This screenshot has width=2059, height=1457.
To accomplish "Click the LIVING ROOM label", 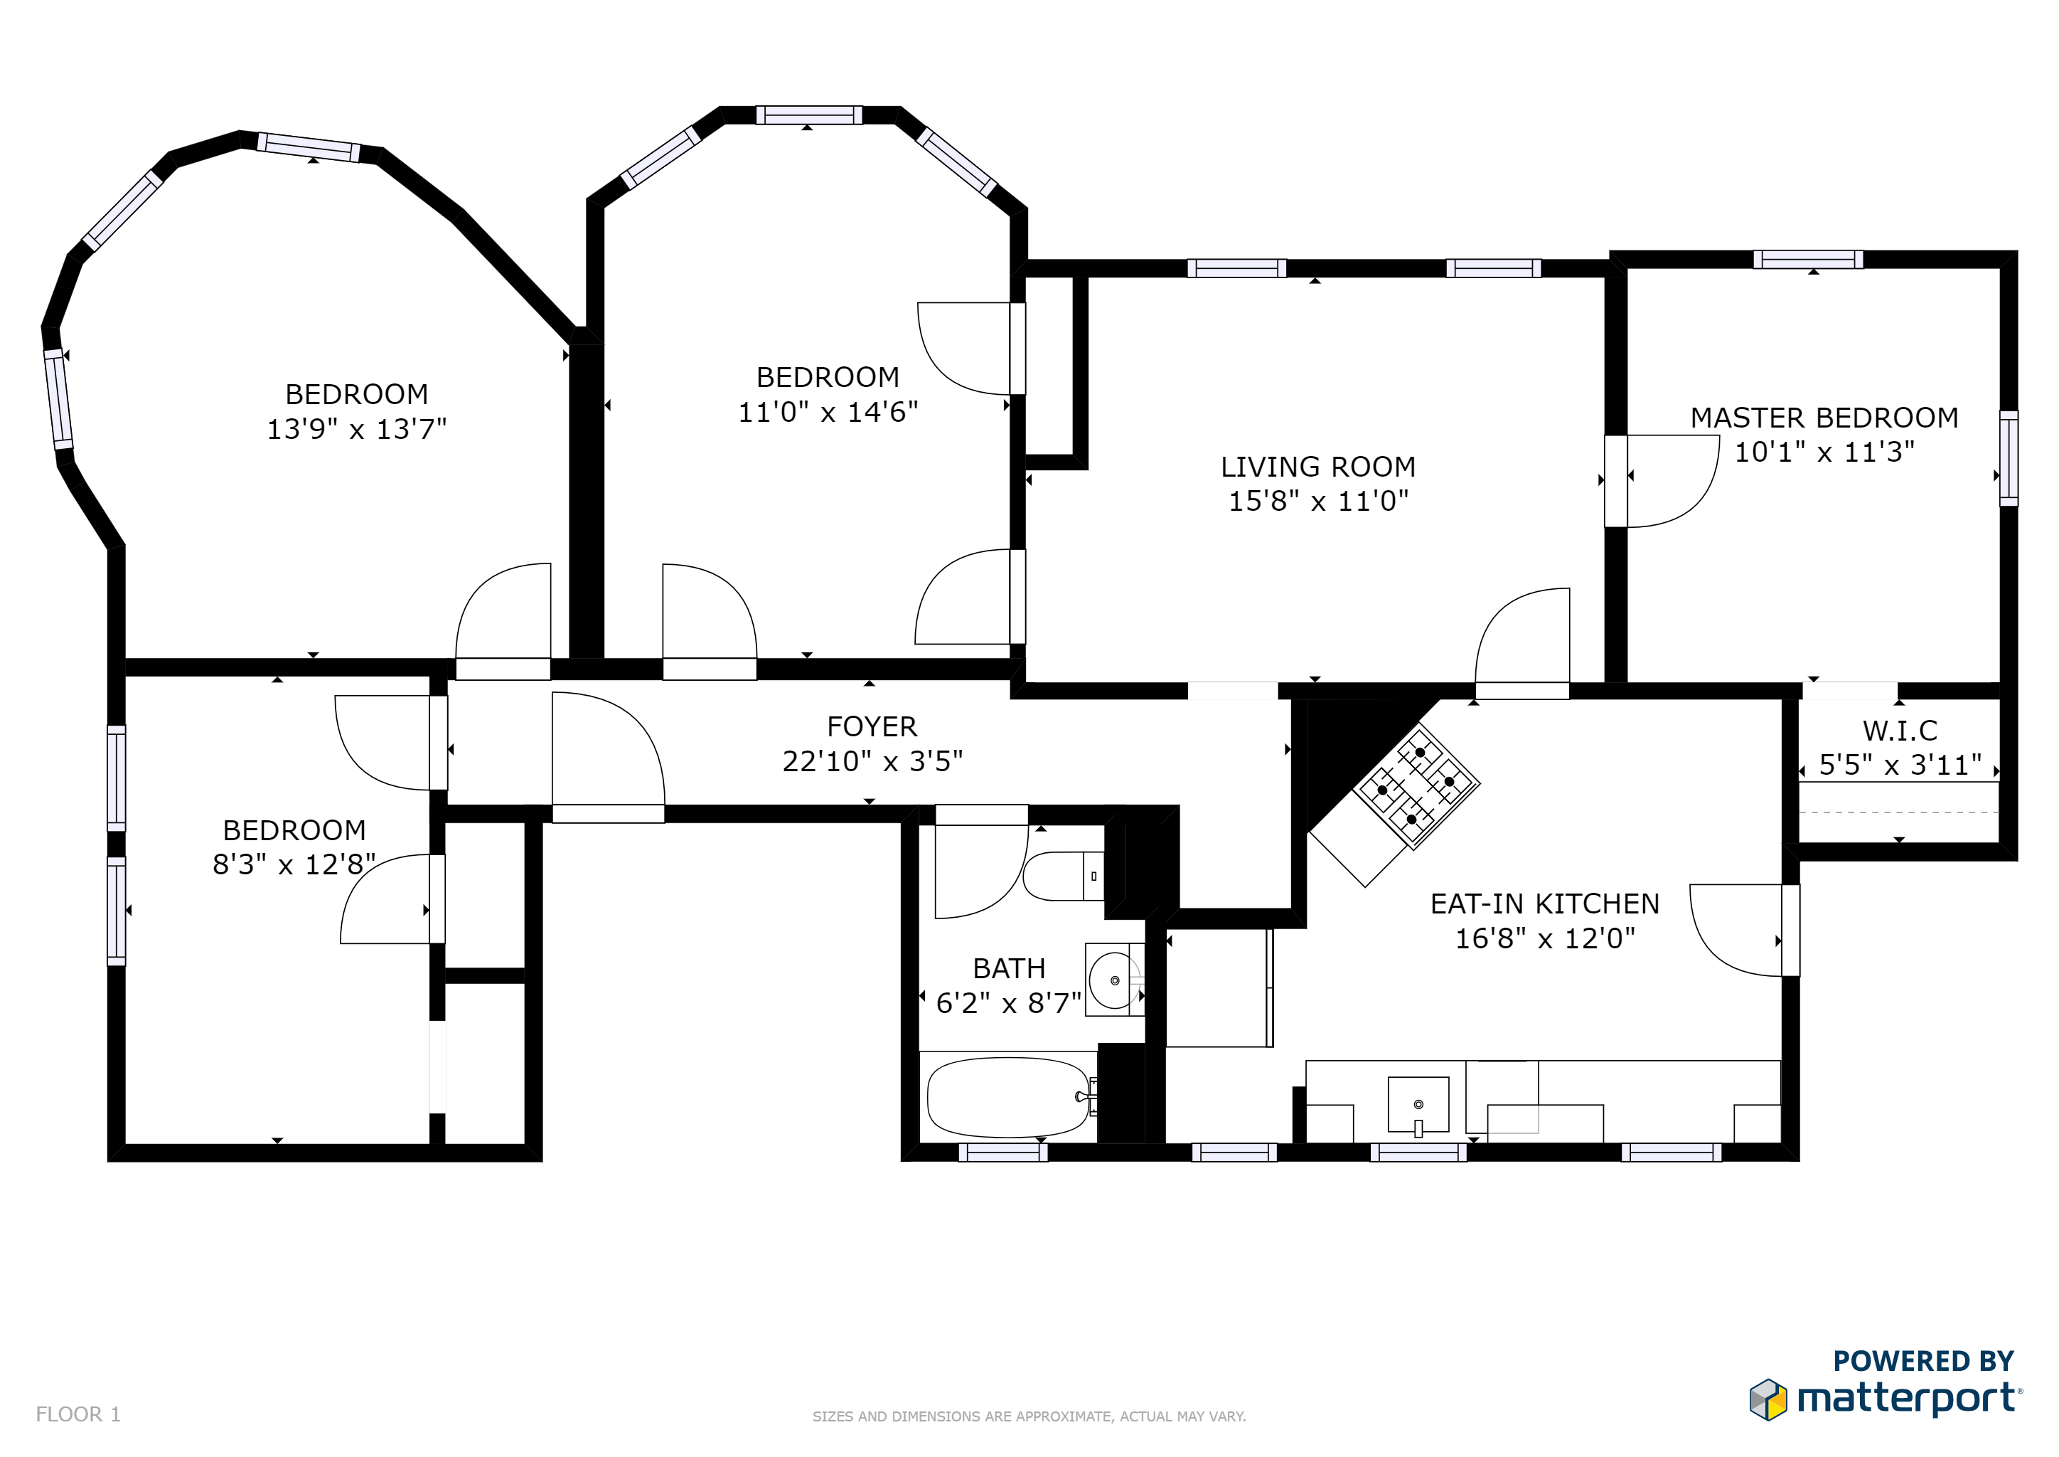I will coord(1317,467).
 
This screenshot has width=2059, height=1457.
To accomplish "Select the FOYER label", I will coord(872,726).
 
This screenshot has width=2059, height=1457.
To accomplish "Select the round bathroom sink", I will coord(1114,980).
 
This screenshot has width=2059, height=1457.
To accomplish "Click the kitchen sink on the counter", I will coord(1418,1104).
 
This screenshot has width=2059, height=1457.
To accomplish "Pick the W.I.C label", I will coord(1899,731).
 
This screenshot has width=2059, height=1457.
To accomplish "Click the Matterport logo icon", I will coord(1767,1399).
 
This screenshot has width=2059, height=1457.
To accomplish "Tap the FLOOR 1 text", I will coord(78,1414).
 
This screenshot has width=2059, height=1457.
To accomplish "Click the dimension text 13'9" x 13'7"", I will coord(356,429).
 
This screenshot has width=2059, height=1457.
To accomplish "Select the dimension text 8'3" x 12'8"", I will coord(293,864).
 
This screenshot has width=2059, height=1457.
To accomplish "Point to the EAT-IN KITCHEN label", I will coord(1544,904).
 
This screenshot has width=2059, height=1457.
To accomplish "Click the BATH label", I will coord(1009,968).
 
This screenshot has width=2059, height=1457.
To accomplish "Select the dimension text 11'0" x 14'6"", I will coord(827,412).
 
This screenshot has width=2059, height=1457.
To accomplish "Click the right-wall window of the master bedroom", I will coord(2009,457).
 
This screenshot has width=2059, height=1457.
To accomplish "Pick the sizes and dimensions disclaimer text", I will coord(1029,1416).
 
